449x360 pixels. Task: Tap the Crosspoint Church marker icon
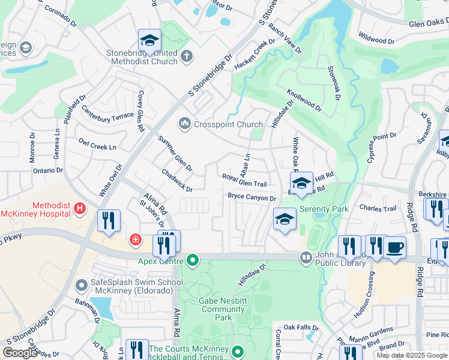[x=184, y=124]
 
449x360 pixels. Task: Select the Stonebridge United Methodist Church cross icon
[x=187, y=56]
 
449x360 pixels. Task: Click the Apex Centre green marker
[x=193, y=260]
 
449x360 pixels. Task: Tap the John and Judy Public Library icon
[x=306, y=257]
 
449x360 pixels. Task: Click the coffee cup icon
[x=394, y=247]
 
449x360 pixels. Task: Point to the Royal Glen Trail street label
[x=244, y=180]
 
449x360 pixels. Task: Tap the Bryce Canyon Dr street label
[x=252, y=197]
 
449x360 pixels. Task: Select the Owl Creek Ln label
[x=97, y=144]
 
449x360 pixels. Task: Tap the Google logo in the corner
[x=20, y=353]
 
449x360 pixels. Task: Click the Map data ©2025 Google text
[x=412, y=355]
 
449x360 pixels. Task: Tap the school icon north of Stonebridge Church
[x=149, y=40]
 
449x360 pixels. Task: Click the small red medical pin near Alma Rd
[x=136, y=240]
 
